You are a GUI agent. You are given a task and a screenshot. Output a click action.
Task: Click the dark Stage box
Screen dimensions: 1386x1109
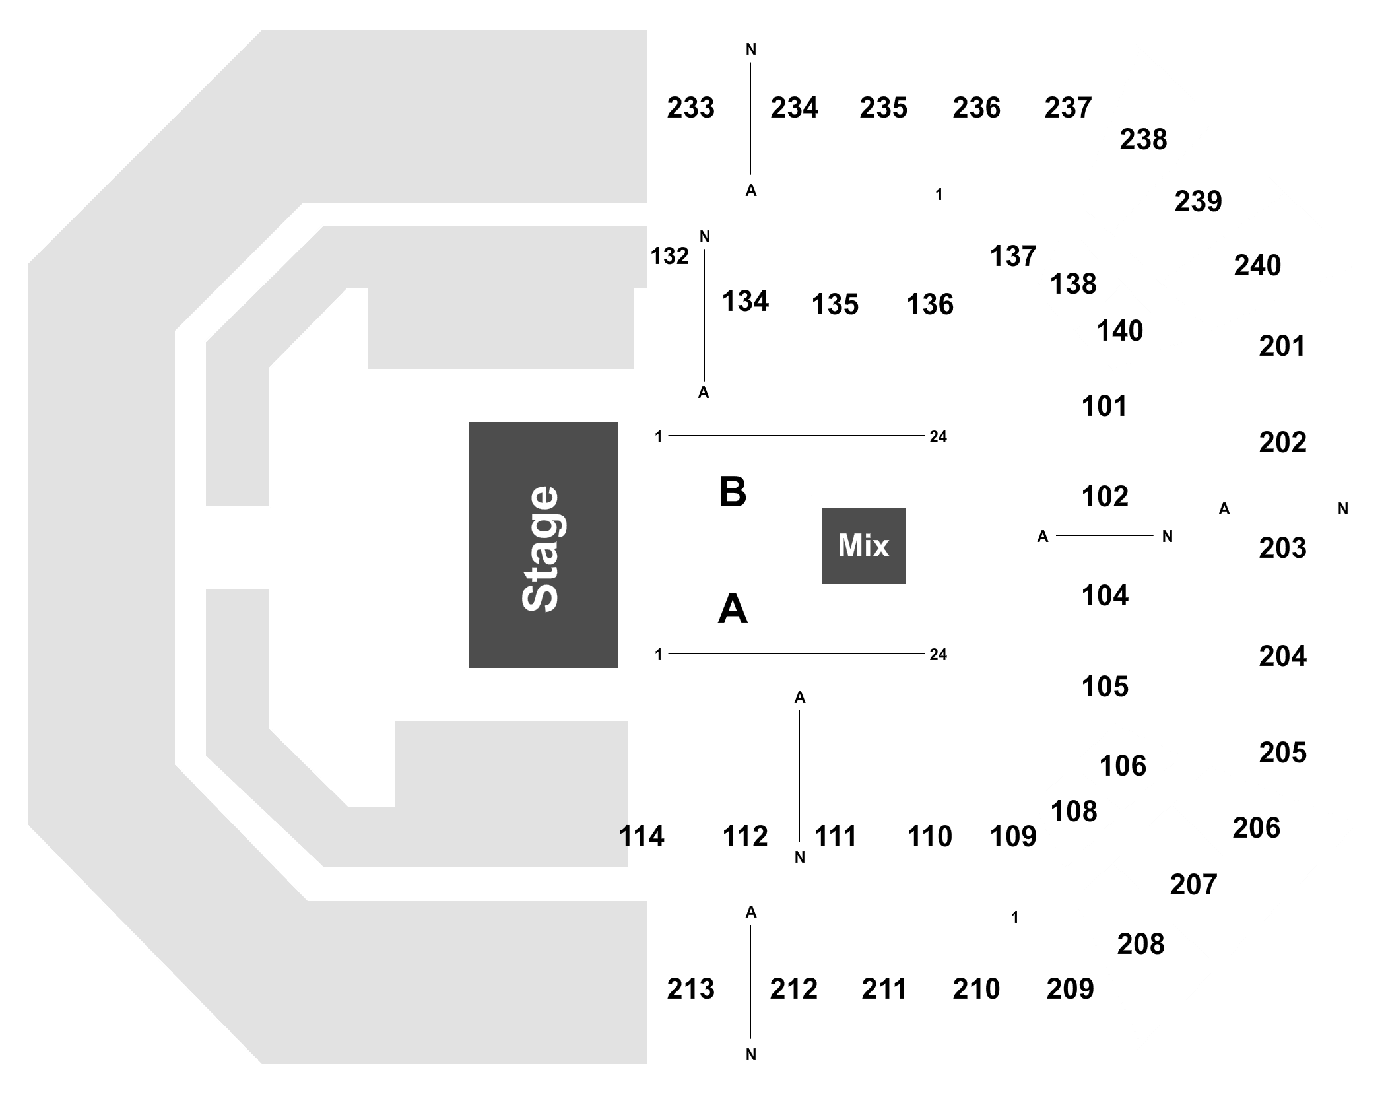pos(543,545)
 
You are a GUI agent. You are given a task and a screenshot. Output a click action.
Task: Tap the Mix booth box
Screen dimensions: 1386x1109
pos(863,545)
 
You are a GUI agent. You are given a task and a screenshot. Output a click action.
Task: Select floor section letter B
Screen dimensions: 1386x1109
pos(733,492)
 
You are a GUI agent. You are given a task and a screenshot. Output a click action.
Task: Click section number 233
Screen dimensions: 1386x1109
pos(690,108)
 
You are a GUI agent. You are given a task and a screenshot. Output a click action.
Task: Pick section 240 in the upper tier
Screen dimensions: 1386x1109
pos(1257,265)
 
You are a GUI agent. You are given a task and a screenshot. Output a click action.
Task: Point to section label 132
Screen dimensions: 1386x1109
pos(669,256)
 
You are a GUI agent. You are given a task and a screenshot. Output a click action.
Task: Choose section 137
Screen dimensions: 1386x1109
pos(1013,256)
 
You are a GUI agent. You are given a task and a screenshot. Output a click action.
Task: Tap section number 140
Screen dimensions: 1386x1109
pos(1120,331)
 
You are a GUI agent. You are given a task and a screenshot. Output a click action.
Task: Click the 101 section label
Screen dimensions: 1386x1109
pos(1105,406)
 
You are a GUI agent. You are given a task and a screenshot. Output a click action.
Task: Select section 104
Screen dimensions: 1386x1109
pos(1105,595)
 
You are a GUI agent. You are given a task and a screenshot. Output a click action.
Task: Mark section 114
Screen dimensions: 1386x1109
pos(642,836)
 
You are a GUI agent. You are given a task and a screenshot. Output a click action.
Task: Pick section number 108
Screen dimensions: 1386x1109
pos(1074,811)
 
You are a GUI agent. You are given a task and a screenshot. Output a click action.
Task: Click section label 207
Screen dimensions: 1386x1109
pos(1193,885)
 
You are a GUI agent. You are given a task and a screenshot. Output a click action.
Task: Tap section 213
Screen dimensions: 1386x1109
pos(690,989)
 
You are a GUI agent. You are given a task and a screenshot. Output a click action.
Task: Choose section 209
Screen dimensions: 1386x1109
pos(1070,989)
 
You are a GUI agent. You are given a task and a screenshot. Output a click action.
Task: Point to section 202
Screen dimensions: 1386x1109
pos(1282,442)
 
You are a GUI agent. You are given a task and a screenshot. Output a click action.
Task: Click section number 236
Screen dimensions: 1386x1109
pos(976,108)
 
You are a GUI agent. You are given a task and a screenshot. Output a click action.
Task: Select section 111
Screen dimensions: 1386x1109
pos(836,836)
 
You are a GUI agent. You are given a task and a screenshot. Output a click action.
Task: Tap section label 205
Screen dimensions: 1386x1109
pos(1282,753)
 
